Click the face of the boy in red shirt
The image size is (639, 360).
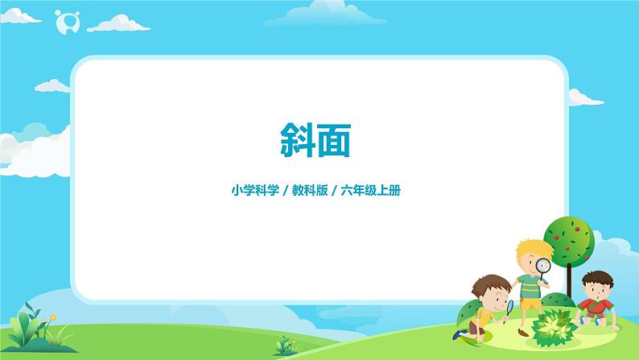[x=593, y=287]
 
